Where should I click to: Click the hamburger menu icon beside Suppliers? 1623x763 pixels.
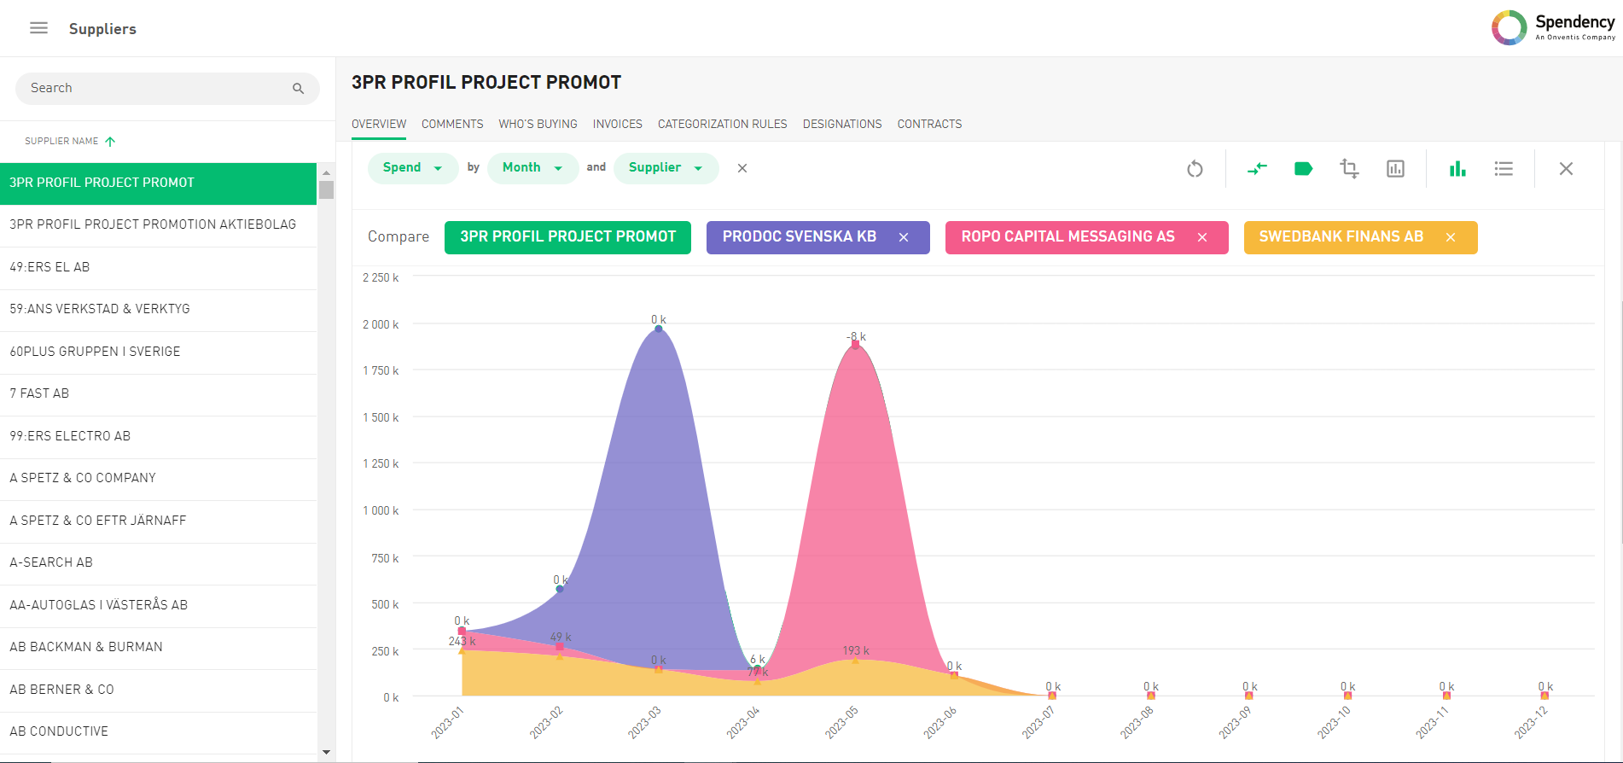point(38,28)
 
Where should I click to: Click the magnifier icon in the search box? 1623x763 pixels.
point(298,89)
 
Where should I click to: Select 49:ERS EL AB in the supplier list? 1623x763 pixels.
point(49,267)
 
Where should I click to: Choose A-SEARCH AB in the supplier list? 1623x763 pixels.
point(51,562)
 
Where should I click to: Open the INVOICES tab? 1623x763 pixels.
point(617,125)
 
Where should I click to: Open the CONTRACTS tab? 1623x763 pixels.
point(929,125)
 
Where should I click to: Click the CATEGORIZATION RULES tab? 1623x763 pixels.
point(722,125)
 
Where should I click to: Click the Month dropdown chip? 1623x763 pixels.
point(532,168)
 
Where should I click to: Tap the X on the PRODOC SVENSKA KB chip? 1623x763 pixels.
point(904,237)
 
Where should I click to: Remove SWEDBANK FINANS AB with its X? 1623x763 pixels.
point(1451,237)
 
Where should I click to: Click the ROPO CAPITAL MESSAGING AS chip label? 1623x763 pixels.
point(1067,237)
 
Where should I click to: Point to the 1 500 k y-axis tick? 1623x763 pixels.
point(381,418)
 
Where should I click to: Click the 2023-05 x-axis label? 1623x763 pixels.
point(841,722)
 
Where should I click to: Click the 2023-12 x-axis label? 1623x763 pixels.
point(1531,722)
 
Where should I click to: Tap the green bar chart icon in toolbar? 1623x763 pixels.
point(1457,169)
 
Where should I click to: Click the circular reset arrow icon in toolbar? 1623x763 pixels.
point(1195,169)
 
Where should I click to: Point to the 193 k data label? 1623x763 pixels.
point(856,651)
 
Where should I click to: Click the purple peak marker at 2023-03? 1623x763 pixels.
point(658,329)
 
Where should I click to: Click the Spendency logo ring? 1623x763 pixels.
point(1509,27)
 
